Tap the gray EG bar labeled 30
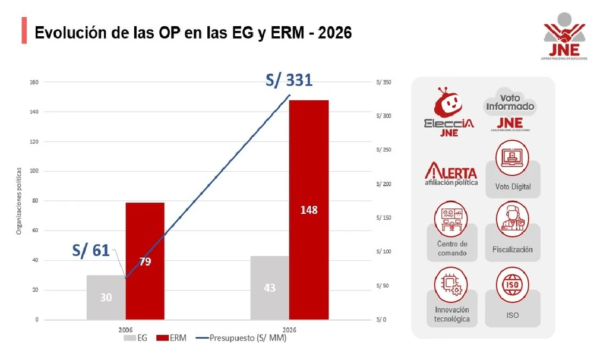[106, 297]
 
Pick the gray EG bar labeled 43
[270, 288]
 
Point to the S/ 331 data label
[289, 80]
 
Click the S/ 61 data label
[91, 250]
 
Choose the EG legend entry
[135, 338]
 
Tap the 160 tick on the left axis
[33, 82]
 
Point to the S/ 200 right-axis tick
[383, 184]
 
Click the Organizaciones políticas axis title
[18, 201]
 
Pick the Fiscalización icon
[513, 217]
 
